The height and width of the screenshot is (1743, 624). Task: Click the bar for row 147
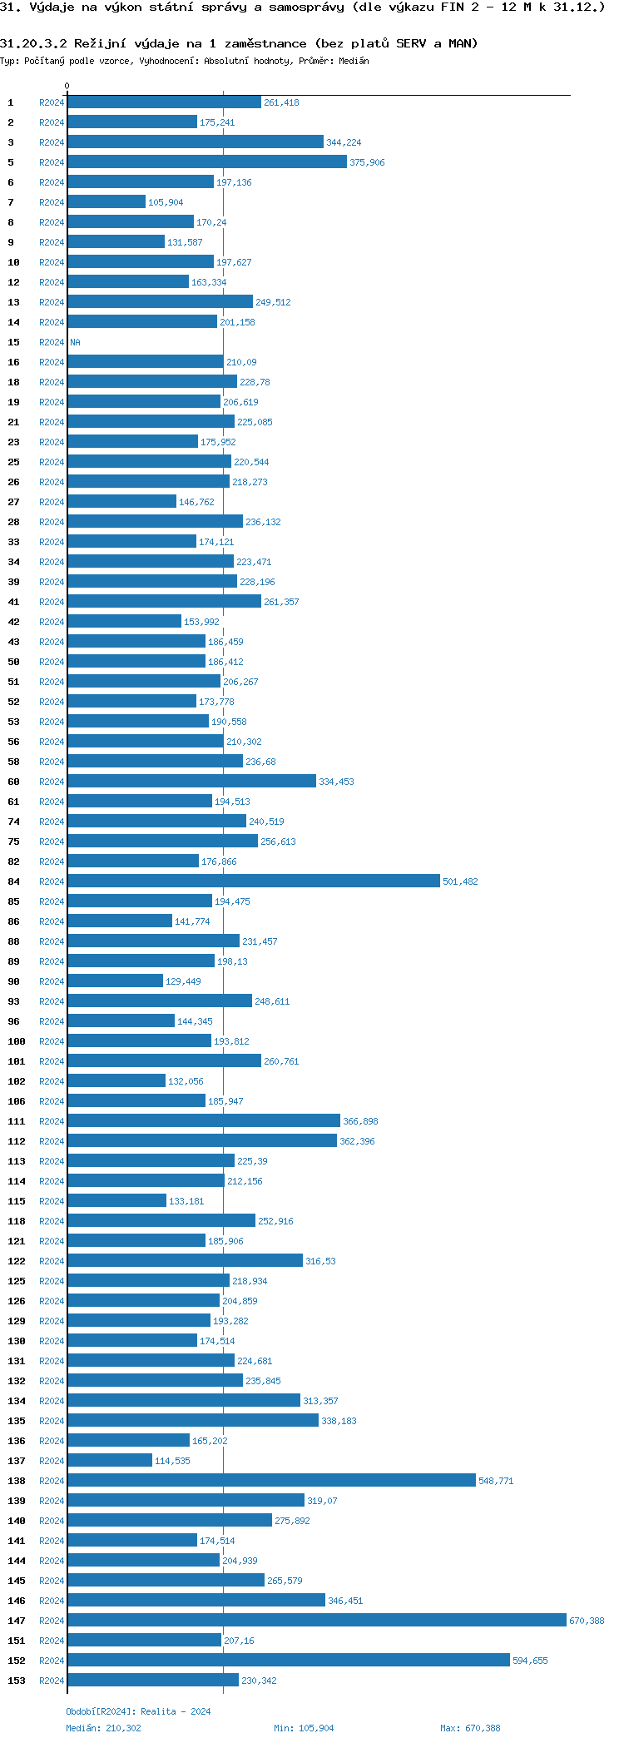coord(316,1620)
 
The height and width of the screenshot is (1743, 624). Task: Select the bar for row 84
coord(253,881)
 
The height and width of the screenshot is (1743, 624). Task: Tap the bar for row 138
coord(271,1480)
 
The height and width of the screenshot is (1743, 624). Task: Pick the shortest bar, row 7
coord(106,201)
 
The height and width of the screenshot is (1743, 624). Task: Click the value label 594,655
coord(530,1661)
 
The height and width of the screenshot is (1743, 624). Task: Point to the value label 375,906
coord(367,162)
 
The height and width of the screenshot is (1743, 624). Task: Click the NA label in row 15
coord(75,342)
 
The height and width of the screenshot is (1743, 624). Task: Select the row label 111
coord(17,1121)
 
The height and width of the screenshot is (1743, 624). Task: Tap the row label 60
coord(14,782)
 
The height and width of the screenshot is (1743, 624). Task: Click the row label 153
coord(17,1681)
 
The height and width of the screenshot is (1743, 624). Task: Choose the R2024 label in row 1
coord(52,102)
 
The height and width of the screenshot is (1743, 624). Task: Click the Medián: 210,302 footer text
coord(103,1728)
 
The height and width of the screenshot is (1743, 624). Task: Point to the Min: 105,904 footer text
coord(304,1728)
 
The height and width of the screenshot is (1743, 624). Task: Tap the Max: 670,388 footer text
coord(470,1728)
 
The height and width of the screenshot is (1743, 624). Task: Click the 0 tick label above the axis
coord(67,86)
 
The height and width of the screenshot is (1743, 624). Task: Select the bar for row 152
coord(288,1660)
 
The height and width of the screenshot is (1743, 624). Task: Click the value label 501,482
coord(460,881)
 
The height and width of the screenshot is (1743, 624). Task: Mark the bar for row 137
coord(110,1460)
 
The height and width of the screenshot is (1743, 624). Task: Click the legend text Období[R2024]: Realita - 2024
coord(138,1711)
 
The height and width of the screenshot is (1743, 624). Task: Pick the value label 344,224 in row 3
coord(344,142)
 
